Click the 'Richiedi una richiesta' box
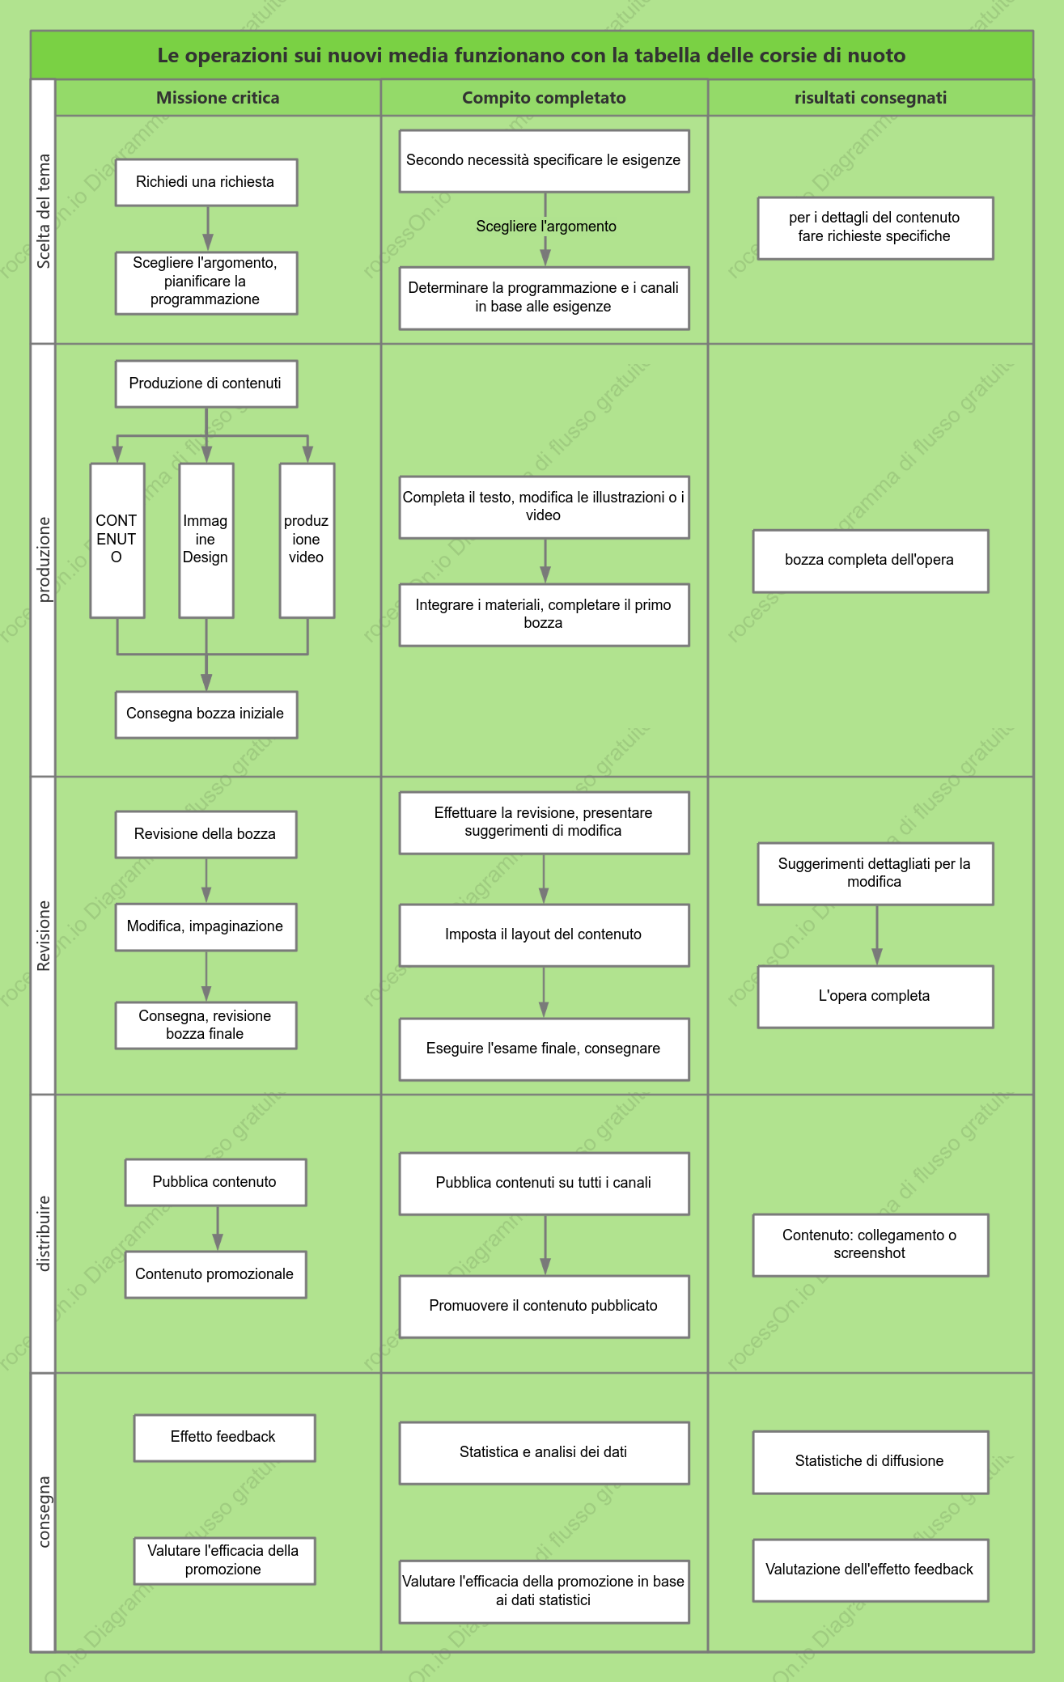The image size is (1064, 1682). tap(206, 182)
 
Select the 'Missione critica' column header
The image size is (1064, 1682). tap(218, 98)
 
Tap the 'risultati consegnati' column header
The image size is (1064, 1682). tap(871, 98)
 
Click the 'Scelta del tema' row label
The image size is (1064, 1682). tap(44, 211)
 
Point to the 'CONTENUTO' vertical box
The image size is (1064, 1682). tap(117, 540)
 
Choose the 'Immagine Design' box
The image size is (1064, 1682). tap(206, 540)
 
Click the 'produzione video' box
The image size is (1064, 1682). tap(307, 540)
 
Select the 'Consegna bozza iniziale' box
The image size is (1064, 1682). tap(206, 714)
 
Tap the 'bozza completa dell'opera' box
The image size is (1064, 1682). tap(871, 561)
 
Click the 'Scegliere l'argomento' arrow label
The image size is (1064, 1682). tap(546, 227)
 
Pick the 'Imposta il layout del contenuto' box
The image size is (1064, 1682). tap(545, 935)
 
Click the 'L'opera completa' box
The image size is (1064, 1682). tap(875, 997)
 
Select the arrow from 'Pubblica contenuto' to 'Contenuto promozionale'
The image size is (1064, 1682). tap(218, 1228)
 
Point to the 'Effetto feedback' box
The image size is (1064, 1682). tap(224, 1438)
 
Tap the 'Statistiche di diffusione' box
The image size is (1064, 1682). tap(871, 1462)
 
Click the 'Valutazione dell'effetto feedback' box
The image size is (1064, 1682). tap(871, 1570)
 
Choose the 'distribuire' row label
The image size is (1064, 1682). tap(44, 1234)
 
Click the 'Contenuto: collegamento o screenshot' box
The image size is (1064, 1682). tap(871, 1245)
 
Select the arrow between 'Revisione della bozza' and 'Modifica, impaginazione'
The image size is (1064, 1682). tap(206, 880)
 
